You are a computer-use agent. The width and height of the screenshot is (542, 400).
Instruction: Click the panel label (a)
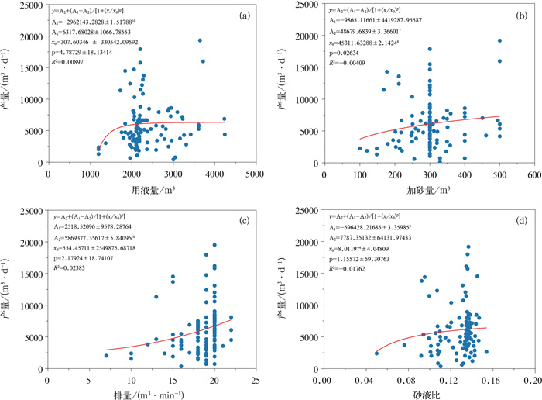click(x=245, y=15)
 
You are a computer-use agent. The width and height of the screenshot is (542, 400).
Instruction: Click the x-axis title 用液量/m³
click(x=151, y=189)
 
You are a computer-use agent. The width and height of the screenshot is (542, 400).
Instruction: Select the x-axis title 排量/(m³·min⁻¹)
click(x=151, y=394)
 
